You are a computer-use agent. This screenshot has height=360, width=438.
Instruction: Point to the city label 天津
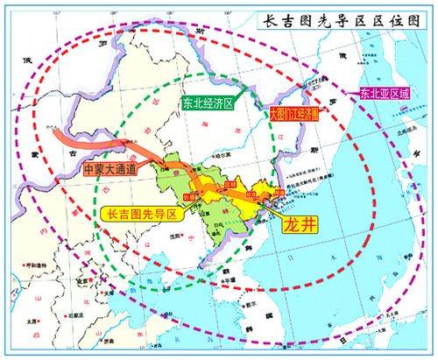105,290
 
